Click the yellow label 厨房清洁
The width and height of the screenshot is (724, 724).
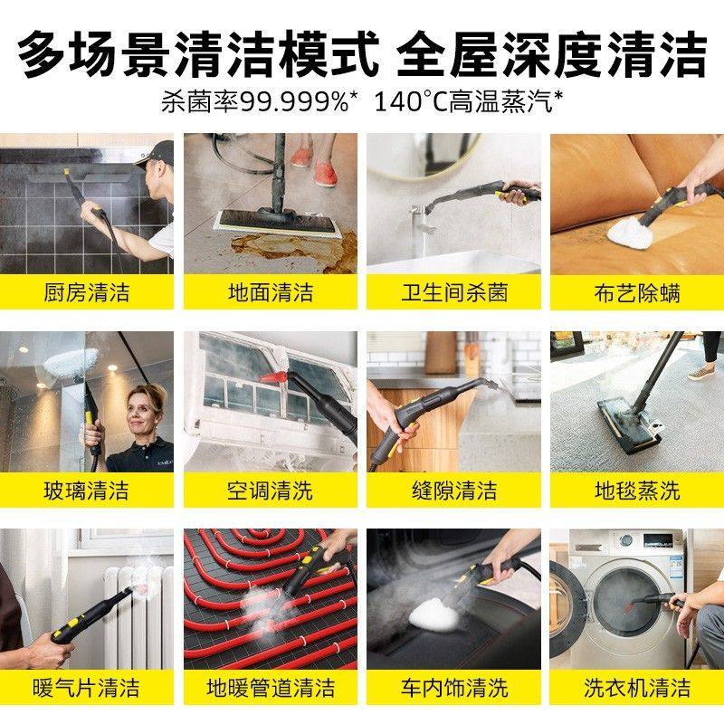click(87, 292)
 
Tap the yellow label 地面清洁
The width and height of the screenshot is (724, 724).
click(270, 292)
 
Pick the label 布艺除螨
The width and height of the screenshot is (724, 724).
click(637, 292)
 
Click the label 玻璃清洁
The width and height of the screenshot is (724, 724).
click(87, 491)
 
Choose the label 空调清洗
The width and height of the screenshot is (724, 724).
click(270, 491)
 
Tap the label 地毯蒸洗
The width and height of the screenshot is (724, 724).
click(637, 491)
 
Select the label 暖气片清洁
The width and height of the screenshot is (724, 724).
click(87, 688)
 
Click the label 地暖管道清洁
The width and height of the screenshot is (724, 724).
click(270, 688)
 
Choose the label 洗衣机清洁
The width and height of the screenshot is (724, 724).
click(637, 688)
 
